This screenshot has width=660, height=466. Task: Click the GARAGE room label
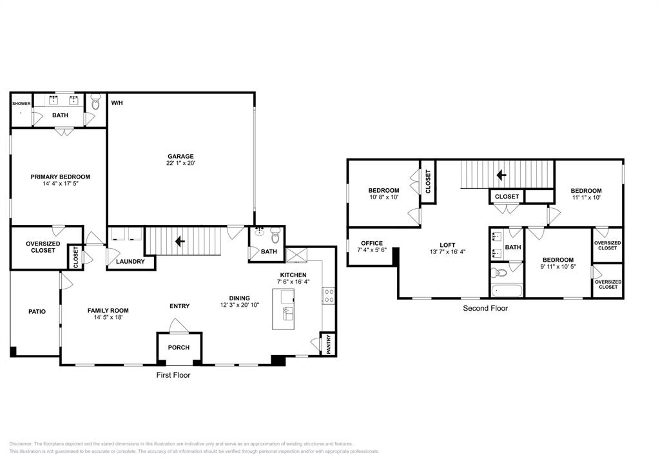pos(180,156)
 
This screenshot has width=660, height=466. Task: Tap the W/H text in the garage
pos(117,103)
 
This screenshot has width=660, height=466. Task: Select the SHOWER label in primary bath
pos(21,103)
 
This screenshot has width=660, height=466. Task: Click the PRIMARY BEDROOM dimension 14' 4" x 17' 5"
pos(60,184)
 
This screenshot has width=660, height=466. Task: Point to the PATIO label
pos(37,312)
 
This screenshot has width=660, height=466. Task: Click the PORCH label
pos(179,348)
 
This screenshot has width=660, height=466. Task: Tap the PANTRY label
pos(328,344)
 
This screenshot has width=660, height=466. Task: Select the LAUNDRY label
pos(130,262)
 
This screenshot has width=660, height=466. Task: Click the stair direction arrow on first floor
pos(180,241)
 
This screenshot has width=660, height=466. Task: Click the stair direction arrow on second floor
pos(500,175)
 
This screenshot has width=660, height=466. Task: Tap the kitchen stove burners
pos(328,296)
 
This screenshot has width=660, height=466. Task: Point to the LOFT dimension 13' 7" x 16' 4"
pos(447,252)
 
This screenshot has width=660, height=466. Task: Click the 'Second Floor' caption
pos(485,309)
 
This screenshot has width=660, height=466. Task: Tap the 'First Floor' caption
pos(173,375)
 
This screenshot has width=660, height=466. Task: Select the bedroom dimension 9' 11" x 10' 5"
pos(558,267)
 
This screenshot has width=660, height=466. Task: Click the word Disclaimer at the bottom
pos(21,444)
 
